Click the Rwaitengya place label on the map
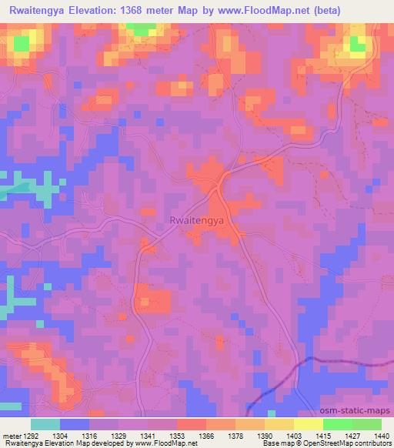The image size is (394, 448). point(196,221)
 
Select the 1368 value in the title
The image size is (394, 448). point(143,10)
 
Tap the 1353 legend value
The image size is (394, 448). point(177,435)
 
